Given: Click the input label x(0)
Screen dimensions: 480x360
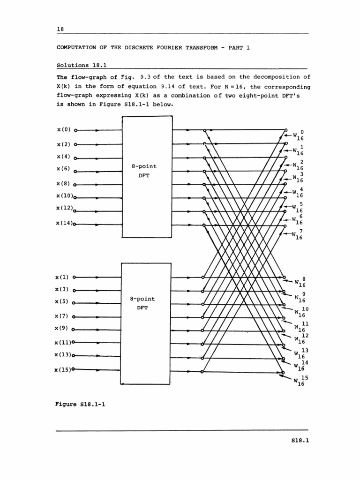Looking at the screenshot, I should coord(64,129).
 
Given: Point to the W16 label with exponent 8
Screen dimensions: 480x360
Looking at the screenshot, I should coord(300,282).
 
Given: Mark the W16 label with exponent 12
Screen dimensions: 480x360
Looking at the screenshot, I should coord(300,339).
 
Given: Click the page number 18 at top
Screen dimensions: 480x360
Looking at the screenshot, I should coord(60,29).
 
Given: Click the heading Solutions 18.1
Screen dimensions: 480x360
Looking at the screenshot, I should coord(82,65).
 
